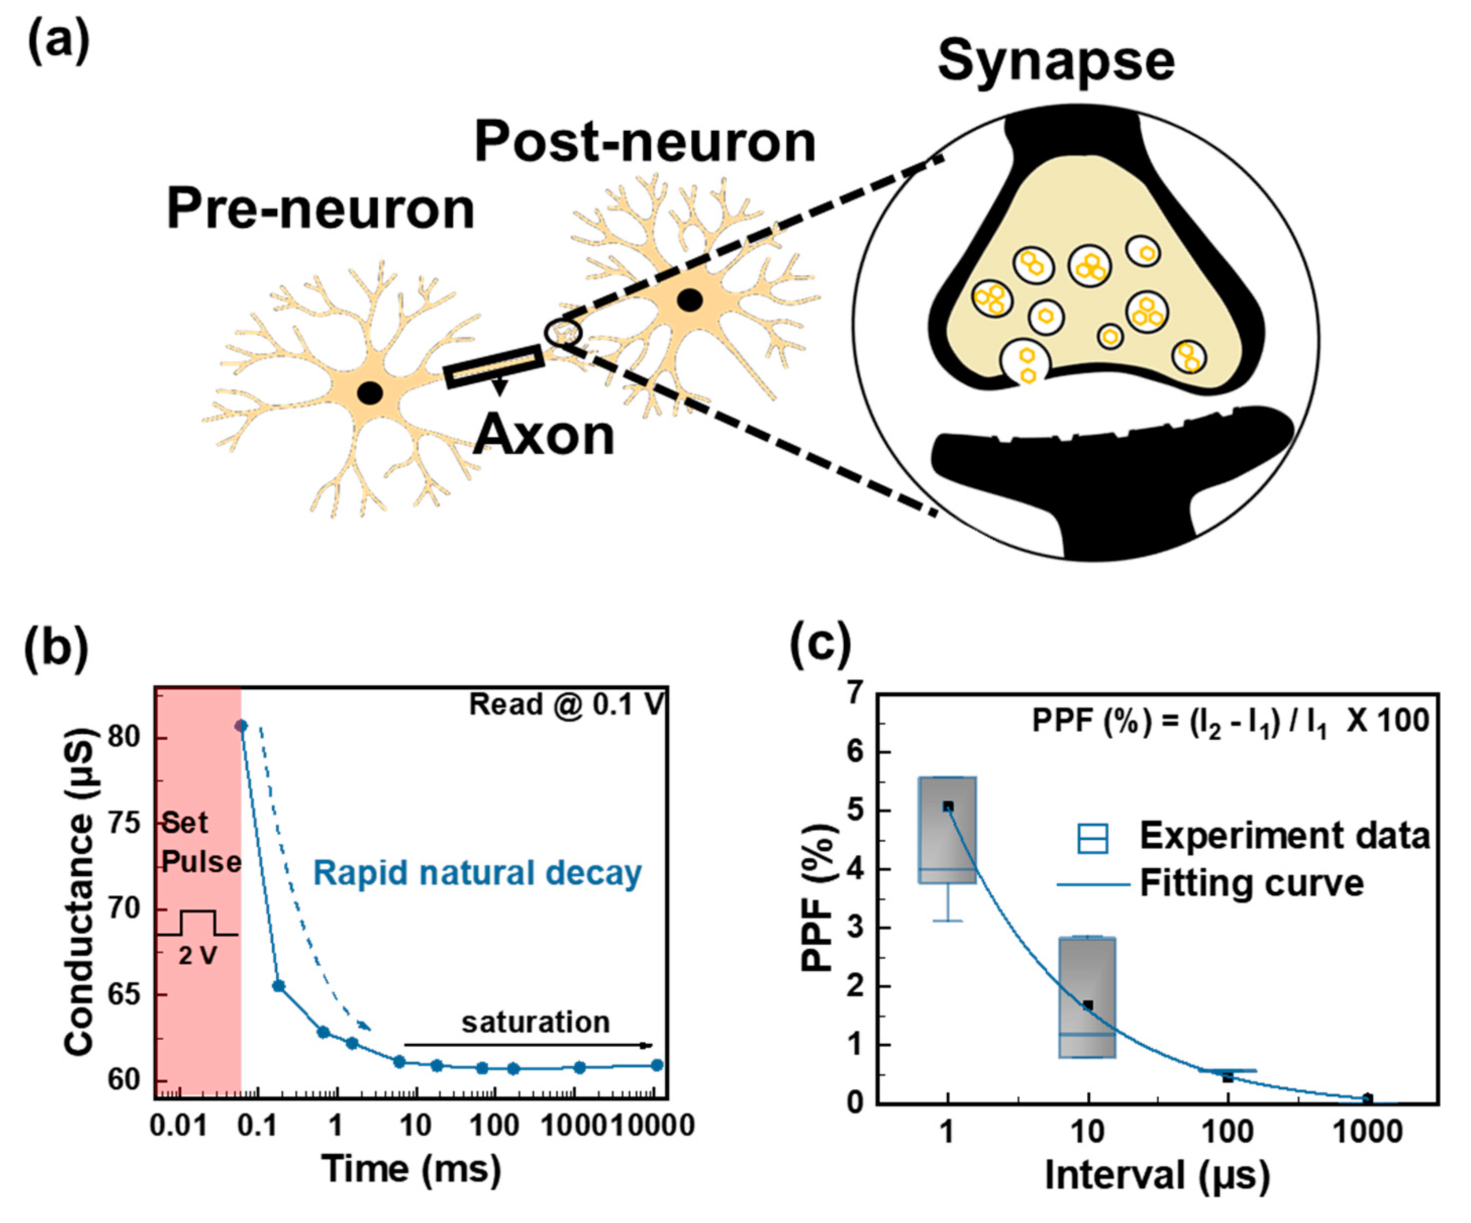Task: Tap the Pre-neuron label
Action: click(x=320, y=210)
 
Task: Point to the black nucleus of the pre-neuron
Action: click(x=370, y=393)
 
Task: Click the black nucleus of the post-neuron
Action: click(x=690, y=300)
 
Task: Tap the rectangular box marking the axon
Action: click(x=494, y=366)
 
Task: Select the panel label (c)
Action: click(x=820, y=645)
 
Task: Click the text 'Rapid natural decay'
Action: click(x=477, y=873)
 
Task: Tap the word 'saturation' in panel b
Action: click(x=535, y=1023)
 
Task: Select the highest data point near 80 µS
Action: click(x=241, y=726)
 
